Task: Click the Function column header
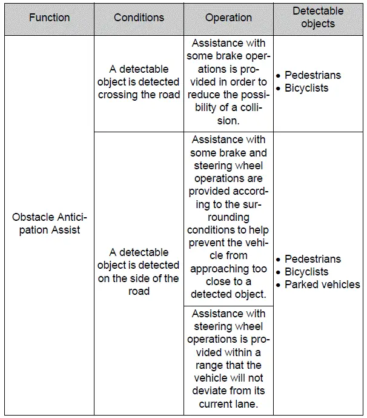pyautogui.click(x=49, y=18)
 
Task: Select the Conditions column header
pyautogui.click(x=139, y=18)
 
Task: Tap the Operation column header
pyautogui.click(x=228, y=18)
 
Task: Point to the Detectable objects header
pyautogui.click(x=318, y=17)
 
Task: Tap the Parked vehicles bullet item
pyautogui.click(x=322, y=285)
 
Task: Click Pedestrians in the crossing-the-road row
pyautogui.click(x=312, y=75)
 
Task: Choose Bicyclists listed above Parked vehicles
pyautogui.click(x=306, y=272)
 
